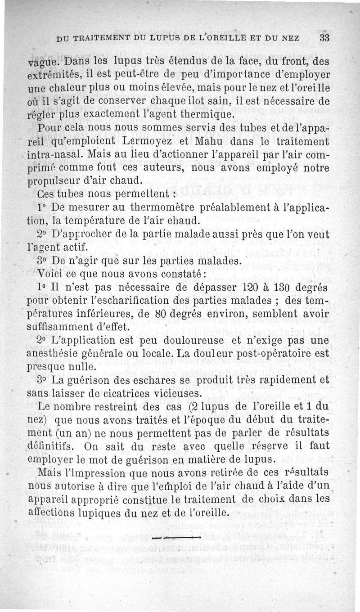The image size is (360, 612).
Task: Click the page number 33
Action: pos(325,38)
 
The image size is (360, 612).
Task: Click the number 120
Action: pos(241,287)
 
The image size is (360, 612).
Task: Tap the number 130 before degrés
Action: pos(278,287)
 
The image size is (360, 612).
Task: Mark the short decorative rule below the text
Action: pos(176,537)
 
